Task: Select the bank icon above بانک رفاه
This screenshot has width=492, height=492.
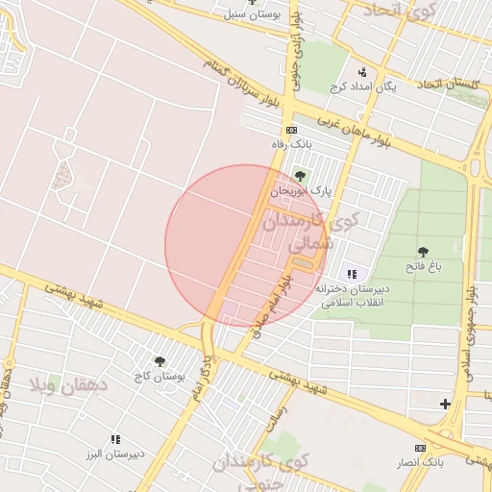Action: pyautogui.click(x=291, y=131)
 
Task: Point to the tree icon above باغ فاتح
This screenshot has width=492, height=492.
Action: pyautogui.click(x=423, y=253)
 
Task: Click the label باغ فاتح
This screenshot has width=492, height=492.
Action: pyautogui.click(x=423, y=268)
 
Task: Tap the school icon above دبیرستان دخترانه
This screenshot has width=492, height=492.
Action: pyautogui.click(x=351, y=274)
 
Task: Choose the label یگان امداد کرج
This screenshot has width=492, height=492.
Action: pyautogui.click(x=362, y=86)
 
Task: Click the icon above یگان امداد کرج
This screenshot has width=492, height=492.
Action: pyautogui.click(x=362, y=72)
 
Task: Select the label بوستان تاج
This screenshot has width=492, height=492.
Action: pyautogui.click(x=160, y=377)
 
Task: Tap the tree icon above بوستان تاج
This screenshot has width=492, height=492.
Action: pyautogui.click(x=160, y=362)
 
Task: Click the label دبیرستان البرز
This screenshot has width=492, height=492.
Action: pyautogui.click(x=115, y=454)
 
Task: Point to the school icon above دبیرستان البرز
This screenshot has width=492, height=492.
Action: pyautogui.click(x=115, y=439)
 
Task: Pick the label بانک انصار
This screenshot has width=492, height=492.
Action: pyautogui.click(x=420, y=462)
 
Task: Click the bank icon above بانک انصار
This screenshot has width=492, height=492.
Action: pyautogui.click(x=420, y=448)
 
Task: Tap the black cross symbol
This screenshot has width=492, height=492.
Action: pyautogui.click(x=445, y=404)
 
